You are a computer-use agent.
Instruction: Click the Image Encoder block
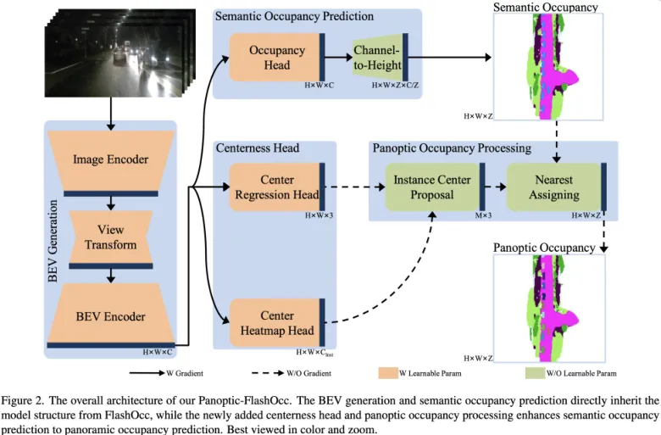pyautogui.click(x=111, y=160)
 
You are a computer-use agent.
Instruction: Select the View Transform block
pyautogui.click(x=111, y=237)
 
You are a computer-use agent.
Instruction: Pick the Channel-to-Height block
pyautogui.click(x=377, y=58)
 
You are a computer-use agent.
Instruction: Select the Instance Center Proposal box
pyautogui.click(x=432, y=187)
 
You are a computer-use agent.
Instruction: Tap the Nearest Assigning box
pyautogui.click(x=554, y=187)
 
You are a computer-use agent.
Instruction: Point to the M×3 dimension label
pyautogui.click(x=484, y=215)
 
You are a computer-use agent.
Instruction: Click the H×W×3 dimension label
pyautogui.click(x=319, y=215)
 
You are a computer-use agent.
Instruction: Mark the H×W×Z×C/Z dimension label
pyautogui.click(x=395, y=86)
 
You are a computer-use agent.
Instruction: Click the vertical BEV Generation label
pyautogui.click(x=53, y=241)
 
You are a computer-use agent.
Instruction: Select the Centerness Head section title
pyautogui.click(x=258, y=148)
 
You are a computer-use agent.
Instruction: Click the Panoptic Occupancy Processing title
pyautogui.click(x=452, y=148)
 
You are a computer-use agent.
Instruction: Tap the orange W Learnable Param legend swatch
pyautogui.click(x=388, y=373)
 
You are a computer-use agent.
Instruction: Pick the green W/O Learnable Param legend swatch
pyautogui.click(x=535, y=373)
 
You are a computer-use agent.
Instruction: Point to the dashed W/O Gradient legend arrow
pyautogui.click(x=268, y=373)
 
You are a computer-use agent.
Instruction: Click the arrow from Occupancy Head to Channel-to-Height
pyautogui.click(x=338, y=58)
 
